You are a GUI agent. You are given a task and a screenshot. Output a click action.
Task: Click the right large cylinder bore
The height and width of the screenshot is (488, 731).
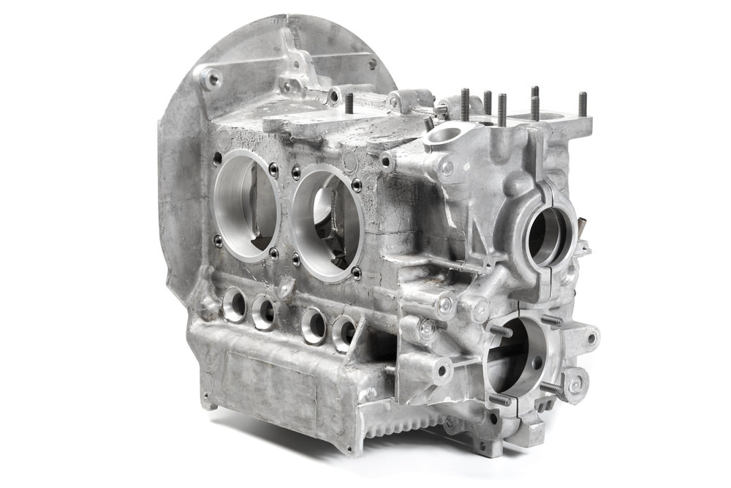click(x=327, y=223)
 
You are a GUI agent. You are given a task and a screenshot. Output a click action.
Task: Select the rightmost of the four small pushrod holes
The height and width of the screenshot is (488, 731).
click(x=344, y=332)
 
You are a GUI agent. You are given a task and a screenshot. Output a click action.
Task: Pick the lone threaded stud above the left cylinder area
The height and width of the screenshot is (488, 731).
click(x=349, y=103)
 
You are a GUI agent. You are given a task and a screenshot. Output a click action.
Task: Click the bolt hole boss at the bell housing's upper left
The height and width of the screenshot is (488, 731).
click(x=211, y=78)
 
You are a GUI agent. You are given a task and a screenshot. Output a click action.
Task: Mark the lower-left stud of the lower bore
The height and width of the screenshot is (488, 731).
click(x=498, y=399)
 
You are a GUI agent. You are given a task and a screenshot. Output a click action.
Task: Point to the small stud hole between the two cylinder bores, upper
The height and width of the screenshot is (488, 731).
click(x=296, y=173)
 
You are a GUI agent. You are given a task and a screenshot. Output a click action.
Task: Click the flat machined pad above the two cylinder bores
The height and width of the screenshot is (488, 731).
click(x=314, y=117)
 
